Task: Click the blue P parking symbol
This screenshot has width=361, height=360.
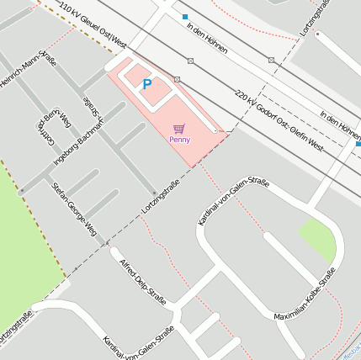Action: point(147,84)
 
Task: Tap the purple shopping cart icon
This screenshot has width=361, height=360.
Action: point(178,129)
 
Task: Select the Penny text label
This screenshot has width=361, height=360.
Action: point(179,140)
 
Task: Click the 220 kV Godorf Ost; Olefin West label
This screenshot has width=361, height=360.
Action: point(279,120)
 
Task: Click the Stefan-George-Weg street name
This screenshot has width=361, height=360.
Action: point(75,208)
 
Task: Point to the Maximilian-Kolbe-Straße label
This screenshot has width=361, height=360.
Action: point(306,294)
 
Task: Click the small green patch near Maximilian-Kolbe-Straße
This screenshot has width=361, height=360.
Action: point(318,238)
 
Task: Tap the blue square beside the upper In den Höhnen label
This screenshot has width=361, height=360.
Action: point(184,17)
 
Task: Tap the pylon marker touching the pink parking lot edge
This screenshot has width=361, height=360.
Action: point(177,79)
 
